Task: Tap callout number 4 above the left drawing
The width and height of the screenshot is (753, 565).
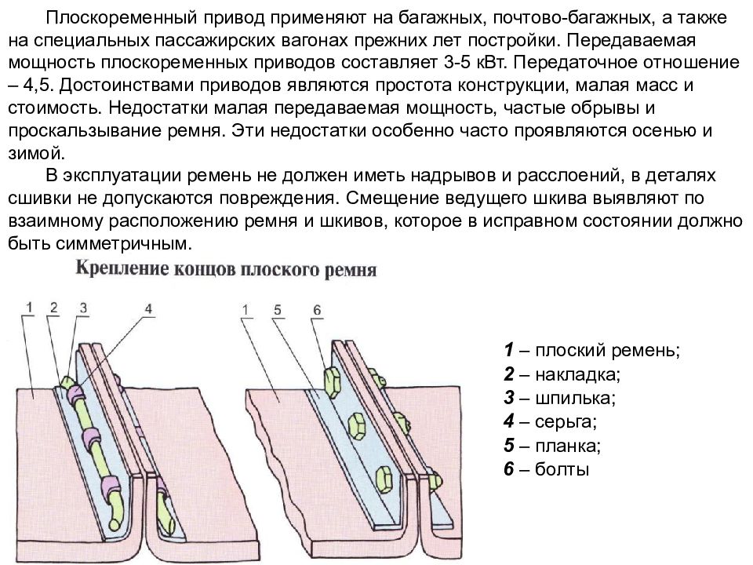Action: click(x=148, y=308)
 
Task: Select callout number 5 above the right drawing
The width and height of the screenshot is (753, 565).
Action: click(x=278, y=310)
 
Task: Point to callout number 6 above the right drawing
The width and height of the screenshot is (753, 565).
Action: click(x=317, y=310)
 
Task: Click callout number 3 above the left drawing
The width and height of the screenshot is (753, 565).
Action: click(x=84, y=308)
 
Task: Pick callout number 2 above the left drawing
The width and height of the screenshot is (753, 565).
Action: click(x=54, y=308)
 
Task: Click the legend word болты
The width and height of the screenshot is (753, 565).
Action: click(x=562, y=469)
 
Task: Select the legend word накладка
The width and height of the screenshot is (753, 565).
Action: click(x=578, y=374)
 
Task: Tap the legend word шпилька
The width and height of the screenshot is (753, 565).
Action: click(x=575, y=399)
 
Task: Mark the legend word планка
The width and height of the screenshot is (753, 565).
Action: click(x=568, y=446)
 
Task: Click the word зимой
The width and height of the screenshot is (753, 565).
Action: click(x=37, y=154)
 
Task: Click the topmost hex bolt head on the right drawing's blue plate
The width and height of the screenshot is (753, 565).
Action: click(x=332, y=382)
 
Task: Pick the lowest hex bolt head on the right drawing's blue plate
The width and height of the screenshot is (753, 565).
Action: click(x=384, y=478)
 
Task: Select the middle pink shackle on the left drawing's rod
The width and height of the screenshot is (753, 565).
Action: click(x=91, y=438)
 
